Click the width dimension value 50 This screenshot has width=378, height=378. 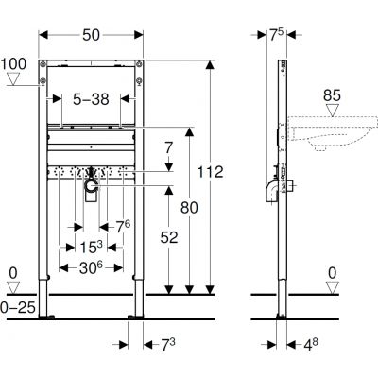(91, 35)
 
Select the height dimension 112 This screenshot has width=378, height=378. (211, 172)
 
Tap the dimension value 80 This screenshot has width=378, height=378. (189, 208)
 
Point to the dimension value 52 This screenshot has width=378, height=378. (169, 237)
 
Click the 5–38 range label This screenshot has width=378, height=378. (91, 99)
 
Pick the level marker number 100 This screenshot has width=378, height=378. (13, 64)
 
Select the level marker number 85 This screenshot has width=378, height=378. (332, 95)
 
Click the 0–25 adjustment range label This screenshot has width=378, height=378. (18, 307)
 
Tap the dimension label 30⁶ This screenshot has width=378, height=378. (91, 267)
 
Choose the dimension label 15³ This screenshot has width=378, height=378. (91, 248)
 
